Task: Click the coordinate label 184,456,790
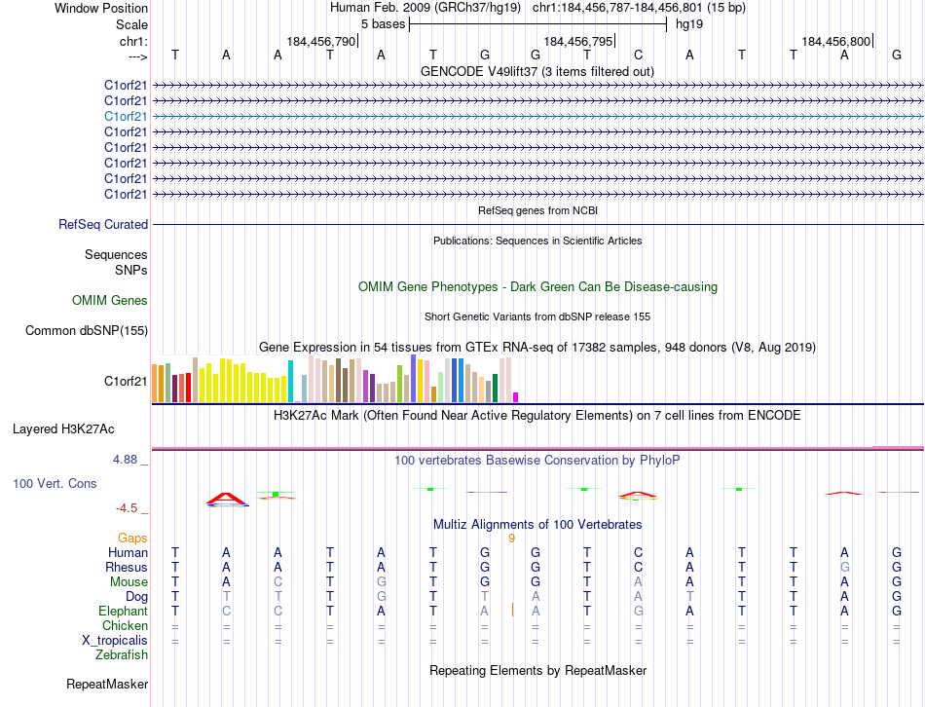(321, 41)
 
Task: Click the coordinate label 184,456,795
(578, 41)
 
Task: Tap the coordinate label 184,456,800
(836, 41)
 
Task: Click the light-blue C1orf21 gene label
(126, 116)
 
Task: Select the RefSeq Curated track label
(103, 224)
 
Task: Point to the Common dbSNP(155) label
(87, 330)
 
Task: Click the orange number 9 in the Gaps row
(511, 538)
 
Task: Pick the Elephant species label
(123, 611)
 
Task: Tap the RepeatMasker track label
(107, 685)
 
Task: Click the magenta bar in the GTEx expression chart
(515, 396)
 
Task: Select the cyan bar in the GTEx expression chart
(290, 381)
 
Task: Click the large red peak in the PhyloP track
(228, 499)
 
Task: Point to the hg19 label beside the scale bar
(689, 23)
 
